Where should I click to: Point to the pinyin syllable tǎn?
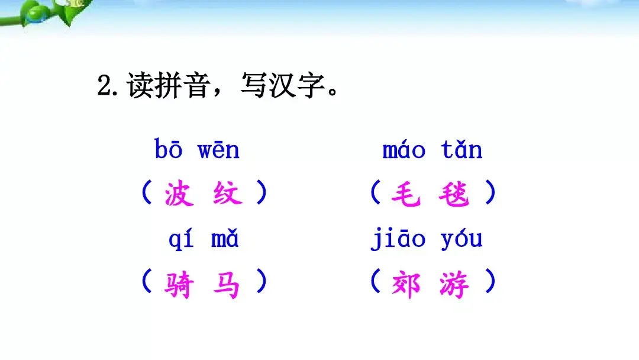point(461,150)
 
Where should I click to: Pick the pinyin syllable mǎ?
point(225,240)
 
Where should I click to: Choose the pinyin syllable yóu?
point(461,240)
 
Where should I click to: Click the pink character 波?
point(179,194)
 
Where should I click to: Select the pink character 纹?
point(228,194)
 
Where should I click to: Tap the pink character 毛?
point(406,194)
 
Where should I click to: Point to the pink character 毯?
point(454,194)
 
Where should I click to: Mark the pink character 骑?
point(179,284)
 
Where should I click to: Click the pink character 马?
point(228,284)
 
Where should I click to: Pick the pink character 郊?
point(406,284)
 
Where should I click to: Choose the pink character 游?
point(454,284)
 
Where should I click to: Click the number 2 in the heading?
point(104,87)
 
